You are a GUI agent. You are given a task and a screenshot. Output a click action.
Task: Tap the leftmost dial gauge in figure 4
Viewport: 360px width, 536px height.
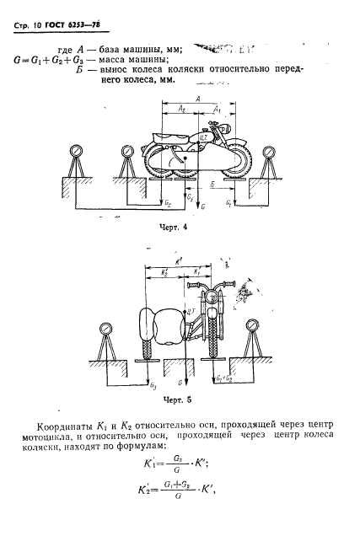click(75, 153)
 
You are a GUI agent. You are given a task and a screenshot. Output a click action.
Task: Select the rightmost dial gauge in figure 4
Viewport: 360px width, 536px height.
click(268, 152)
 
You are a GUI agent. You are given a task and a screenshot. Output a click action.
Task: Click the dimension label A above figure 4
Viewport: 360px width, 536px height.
click(196, 99)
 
